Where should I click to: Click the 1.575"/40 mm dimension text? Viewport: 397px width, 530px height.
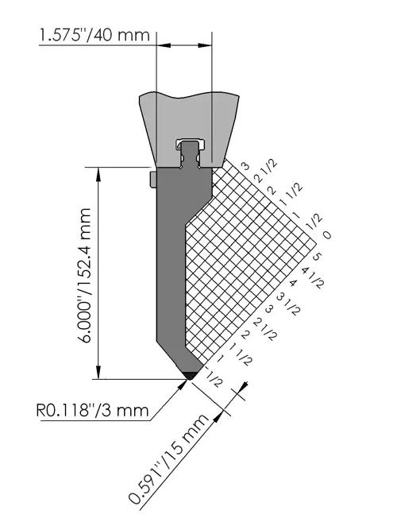coord(94,35)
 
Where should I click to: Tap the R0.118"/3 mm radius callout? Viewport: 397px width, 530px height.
coord(92,410)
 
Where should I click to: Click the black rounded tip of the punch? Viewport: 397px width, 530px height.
coord(191,375)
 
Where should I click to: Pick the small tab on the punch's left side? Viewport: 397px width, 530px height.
coord(152,180)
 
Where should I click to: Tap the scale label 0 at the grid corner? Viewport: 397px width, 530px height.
coord(327,234)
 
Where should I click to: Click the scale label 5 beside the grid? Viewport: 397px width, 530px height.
coord(317,257)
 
